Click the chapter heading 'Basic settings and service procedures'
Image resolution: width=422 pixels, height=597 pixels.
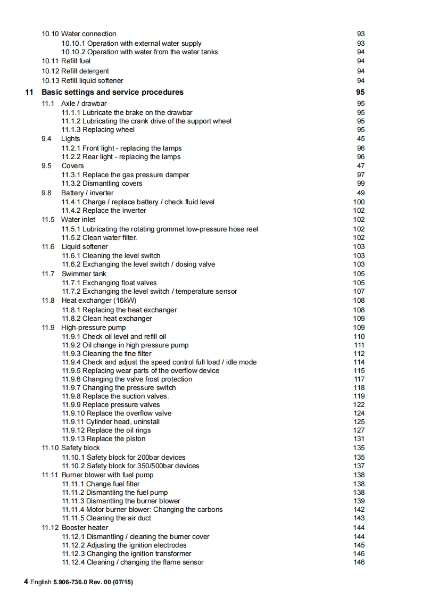point(112,92)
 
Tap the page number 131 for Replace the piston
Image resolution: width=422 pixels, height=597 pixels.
point(359,439)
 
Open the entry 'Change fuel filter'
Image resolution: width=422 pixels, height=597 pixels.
point(101,484)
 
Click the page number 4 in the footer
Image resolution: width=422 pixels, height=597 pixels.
point(26,582)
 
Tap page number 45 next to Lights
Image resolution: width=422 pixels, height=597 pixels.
point(361,139)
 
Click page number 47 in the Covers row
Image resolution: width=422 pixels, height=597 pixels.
point(361,165)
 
